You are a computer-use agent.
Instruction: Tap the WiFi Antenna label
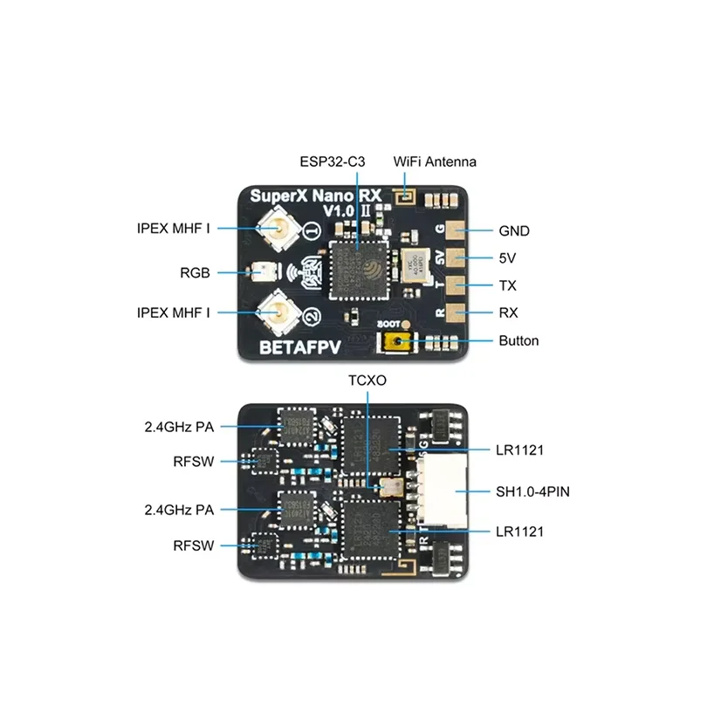pyautogui.click(x=435, y=162)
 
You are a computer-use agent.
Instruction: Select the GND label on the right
pyautogui.click(x=514, y=231)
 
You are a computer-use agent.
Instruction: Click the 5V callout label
pyautogui.click(x=507, y=258)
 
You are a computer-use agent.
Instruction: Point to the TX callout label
pyautogui.click(x=508, y=285)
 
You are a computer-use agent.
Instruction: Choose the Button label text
pyautogui.click(x=518, y=340)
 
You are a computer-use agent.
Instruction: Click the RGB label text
pyautogui.click(x=196, y=272)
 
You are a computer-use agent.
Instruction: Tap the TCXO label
pyautogui.click(x=367, y=381)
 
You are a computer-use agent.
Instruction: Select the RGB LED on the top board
pyautogui.click(x=258, y=272)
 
